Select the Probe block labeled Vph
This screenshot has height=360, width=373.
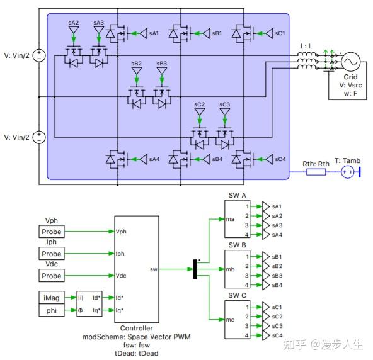[x=51, y=232]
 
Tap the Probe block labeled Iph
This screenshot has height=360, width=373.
[x=51, y=254]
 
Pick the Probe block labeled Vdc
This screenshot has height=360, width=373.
[x=51, y=276]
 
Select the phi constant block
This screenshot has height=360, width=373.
[x=51, y=310]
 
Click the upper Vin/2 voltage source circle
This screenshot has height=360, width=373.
[x=38, y=56]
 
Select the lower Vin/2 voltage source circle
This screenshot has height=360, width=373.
[x=38, y=137]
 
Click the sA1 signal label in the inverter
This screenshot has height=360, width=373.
[x=154, y=33]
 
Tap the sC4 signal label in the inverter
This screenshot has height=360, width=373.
[x=280, y=160]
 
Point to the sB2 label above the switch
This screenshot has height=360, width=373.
[x=137, y=64]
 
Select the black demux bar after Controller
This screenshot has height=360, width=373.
[x=194, y=270]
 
